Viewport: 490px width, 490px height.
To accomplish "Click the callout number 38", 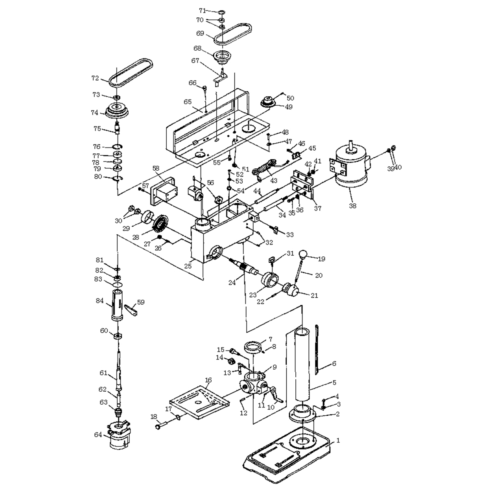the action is pos(353,205).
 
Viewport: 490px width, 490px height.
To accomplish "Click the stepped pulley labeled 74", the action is pos(118,111).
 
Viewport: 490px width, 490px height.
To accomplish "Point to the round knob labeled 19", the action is pos(303,254).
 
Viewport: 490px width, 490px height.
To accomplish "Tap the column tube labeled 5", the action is pos(302,365).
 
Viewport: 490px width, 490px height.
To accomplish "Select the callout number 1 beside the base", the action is pos(338,440).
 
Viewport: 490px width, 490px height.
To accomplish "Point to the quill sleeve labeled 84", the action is pos(117,306).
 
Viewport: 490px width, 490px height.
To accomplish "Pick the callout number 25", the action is pos(188,266).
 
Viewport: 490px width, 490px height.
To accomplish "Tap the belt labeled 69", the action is pos(233,34).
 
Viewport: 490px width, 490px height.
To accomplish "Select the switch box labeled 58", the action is pos(164,192).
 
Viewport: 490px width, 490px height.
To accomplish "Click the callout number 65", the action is pos(188,102).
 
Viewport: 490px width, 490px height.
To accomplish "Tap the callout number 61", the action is pos(103,373).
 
